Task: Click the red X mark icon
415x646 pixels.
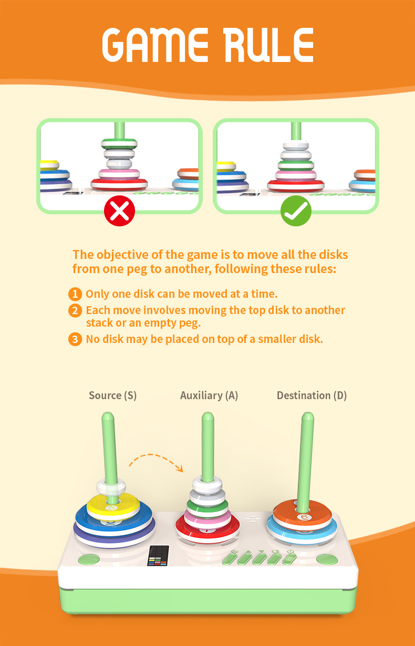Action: [x=119, y=211]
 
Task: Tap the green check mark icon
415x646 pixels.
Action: [x=296, y=211]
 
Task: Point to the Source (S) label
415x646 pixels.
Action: [x=112, y=395]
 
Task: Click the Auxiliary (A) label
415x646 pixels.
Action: [x=209, y=395]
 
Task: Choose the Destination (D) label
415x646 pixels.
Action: [x=312, y=395]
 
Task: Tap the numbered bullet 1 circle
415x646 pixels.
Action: [x=76, y=294]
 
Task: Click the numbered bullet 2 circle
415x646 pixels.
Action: [x=76, y=310]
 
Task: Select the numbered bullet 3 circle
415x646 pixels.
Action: [x=76, y=339]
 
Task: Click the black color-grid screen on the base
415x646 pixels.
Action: [x=159, y=556]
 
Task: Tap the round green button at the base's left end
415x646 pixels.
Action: [x=88, y=560]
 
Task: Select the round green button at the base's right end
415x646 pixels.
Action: [x=327, y=560]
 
